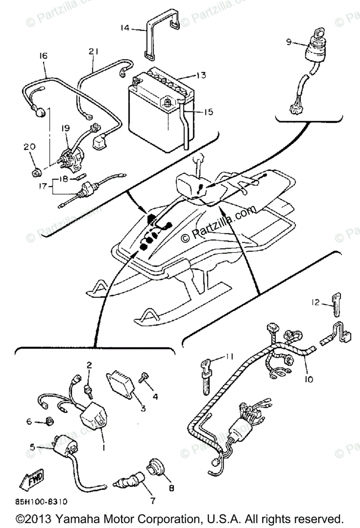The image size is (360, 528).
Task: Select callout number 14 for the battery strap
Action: (x=125, y=28)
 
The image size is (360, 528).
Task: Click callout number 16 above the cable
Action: (x=43, y=56)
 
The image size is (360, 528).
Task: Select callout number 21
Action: (x=92, y=51)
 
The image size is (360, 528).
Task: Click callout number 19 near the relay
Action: (x=66, y=128)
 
